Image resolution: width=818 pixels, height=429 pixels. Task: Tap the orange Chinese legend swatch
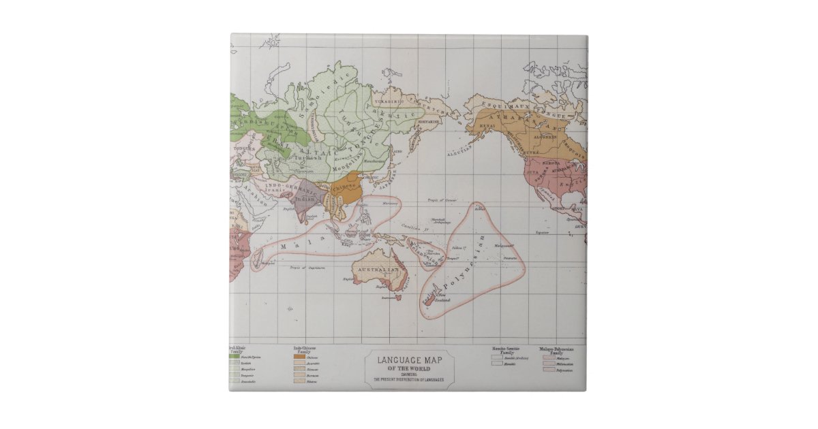click(x=299, y=357)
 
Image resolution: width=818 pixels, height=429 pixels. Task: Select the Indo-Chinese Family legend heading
click(x=305, y=349)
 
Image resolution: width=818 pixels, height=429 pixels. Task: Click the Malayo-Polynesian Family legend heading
click(x=556, y=350)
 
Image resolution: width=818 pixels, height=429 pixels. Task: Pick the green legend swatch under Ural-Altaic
click(x=234, y=357)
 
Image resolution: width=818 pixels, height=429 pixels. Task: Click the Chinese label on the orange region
click(x=343, y=185)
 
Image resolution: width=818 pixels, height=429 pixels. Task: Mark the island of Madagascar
click(x=258, y=258)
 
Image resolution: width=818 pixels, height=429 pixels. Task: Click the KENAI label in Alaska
click(x=487, y=126)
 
